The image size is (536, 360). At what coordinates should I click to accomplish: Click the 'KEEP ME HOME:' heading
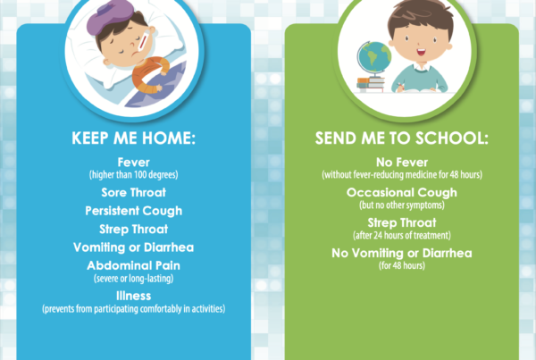[x=133, y=138]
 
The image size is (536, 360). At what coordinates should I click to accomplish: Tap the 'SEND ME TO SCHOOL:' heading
[x=402, y=138]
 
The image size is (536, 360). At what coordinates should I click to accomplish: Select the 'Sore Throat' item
[x=134, y=192]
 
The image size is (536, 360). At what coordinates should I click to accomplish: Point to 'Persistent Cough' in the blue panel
[x=134, y=211]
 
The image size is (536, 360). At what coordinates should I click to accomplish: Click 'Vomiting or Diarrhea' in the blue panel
[x=134, y=247]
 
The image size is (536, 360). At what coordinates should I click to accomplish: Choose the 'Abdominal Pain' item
[x=134, y=265]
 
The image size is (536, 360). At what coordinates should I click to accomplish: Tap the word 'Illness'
[x=134, y=296]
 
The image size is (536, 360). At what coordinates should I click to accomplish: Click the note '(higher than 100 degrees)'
[x=134, y=175]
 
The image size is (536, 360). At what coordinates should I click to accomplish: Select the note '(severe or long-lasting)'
[x=134, y=279]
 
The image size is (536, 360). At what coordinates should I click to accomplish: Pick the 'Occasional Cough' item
[x=402, y=193]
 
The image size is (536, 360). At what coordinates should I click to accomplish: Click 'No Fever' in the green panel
[x=402, y=162]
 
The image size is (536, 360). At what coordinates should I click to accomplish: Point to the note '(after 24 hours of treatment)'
[x=402, y=235]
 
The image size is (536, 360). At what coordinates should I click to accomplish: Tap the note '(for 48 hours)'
[x=402, y=265]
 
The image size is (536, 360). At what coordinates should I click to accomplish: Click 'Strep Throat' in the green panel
[x=402, y=223]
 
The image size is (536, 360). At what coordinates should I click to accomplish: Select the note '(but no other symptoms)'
[x=402, y=205]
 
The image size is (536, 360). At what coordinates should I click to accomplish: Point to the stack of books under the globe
[x=371, y=85]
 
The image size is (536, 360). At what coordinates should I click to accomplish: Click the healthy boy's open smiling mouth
[x=421, y=53]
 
